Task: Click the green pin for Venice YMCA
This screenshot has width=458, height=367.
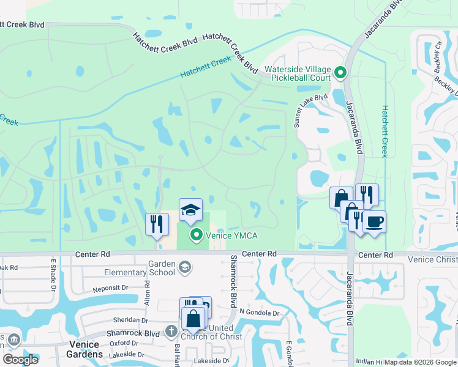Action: click(x=196, y=235)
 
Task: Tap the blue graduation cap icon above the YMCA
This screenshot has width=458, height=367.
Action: click(x=190, y=209)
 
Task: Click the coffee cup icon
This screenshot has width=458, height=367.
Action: click(x=374, y=221)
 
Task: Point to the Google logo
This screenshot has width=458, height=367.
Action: click(x=21, y=359)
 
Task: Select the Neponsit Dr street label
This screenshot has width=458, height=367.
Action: click(x=110, y=287)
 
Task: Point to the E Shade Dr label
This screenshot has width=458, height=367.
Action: click(x=53, y=272)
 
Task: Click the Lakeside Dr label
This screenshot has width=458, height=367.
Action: click(x=126, y=354)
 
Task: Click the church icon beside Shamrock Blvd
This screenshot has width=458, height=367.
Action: click(x=171, y=332)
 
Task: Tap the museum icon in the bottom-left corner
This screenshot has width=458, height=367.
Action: click(x=13, y=339)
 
